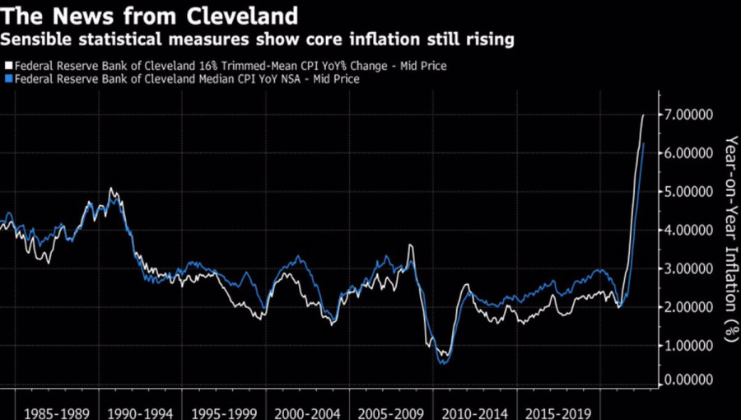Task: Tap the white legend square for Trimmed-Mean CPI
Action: [x=7, y=65]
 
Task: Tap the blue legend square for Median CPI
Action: [x=7, y=79]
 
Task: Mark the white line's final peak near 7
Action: [x=643, y=115]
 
